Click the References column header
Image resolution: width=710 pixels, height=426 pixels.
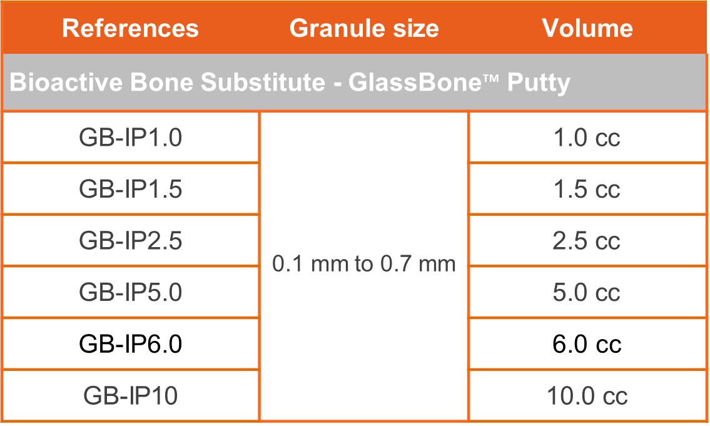click(130, 29)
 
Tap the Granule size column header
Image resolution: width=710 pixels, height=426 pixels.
click(364, 29)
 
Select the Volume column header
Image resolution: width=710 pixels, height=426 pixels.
click(587, 29)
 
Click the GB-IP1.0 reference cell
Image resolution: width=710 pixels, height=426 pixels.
click(131, 138)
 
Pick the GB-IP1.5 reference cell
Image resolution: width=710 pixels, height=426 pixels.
click(131, 190)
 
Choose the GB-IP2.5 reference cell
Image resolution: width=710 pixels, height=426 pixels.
click(131, 241)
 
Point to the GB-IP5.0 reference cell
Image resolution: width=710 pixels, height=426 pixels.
click(131, 293)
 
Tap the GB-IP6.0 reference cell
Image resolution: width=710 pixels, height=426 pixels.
click(131, 344)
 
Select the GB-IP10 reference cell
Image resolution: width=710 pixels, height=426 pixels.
click(131, 396)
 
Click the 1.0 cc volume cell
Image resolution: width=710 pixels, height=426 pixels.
click(587, 138)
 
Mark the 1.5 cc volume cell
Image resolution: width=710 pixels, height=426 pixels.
click(587, 190)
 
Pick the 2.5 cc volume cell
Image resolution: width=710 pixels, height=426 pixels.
click(587, 241)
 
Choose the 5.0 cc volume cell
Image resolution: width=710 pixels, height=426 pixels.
click(587, 293)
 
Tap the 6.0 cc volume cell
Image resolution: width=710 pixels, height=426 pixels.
click(587, 344)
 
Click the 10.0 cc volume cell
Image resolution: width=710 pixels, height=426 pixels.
click(587, 396)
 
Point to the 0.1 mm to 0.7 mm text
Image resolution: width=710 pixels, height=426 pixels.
click(364, 264)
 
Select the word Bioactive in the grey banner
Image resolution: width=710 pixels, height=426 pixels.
click(66, 83)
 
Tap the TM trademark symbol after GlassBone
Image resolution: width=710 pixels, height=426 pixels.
click(490, 79)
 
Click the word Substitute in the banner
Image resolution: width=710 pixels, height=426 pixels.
click(263, 83)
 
